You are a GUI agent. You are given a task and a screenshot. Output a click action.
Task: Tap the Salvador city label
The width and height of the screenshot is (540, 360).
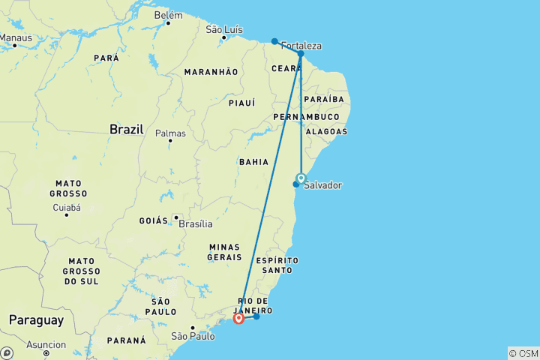[x=322, y=185]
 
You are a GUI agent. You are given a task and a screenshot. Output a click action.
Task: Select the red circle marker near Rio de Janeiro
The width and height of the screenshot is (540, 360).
[x=238, y=318]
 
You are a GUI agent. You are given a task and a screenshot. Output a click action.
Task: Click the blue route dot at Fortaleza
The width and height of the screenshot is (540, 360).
[x=301, y=54]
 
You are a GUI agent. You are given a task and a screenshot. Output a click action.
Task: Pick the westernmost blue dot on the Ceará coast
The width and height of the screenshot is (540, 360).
[x=274, y=41]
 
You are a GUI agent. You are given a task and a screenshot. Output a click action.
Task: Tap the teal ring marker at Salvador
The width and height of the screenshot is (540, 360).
[x=301, y=178]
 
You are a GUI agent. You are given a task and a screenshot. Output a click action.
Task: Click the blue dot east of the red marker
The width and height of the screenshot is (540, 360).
[x=256, y=316]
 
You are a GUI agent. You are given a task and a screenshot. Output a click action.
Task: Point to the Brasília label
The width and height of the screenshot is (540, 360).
[x=196, y=223]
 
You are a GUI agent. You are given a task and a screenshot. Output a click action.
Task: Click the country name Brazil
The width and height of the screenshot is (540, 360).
[x=126, y=129]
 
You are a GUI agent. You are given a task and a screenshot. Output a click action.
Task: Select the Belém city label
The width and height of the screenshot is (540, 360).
[x=168, y=15]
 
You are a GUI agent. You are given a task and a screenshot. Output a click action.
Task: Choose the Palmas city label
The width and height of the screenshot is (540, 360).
[x=170, y=133]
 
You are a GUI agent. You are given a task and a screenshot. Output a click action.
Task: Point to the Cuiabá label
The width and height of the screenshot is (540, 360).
[x=66, y=207]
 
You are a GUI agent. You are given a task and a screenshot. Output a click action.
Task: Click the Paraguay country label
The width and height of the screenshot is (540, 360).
[x=36, y=320]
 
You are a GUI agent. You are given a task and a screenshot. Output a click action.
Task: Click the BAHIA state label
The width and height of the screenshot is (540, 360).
[x=253, y=161]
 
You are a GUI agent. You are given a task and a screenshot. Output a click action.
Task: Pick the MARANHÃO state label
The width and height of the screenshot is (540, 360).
[x=211, y=71]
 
